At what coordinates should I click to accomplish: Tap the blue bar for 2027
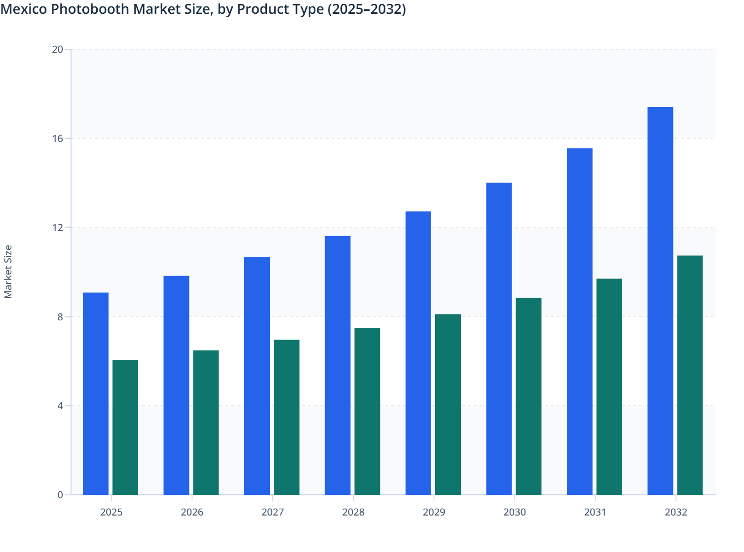[257, 376]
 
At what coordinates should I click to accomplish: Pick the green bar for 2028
[367, 411]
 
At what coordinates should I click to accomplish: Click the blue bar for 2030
[499, 339]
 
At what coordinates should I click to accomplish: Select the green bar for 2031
[609, 386]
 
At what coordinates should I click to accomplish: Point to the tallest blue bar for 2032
[660, 301]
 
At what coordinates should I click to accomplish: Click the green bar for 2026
[206, 422]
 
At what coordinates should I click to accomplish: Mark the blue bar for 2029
[418, 353]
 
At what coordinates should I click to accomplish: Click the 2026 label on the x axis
[192, 512]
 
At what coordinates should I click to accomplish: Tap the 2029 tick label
[434, 512]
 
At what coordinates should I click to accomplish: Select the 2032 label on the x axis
[676, 512]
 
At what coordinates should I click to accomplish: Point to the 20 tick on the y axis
[58, 49]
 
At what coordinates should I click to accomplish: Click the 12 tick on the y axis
[58, 228]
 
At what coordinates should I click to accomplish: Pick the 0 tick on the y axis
[60, 495]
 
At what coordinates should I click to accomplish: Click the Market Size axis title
[8, 272]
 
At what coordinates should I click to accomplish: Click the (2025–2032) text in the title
[367, 9]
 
